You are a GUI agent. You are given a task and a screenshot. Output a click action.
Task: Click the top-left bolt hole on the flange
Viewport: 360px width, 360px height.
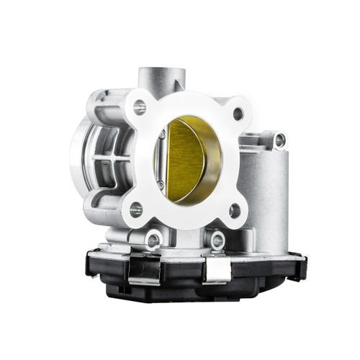[140, 108]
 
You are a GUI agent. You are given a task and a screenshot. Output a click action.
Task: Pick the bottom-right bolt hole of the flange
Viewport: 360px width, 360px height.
[233, 210]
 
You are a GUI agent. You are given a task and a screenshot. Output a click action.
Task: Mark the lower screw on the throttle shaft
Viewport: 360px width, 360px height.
[161, 186]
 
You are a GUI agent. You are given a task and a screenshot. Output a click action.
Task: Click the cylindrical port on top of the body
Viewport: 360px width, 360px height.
[161, 76]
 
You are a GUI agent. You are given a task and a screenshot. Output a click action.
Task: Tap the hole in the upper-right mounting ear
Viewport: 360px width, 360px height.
[279, 140]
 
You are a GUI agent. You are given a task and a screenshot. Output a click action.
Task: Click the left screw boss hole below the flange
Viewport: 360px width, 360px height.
[153, 238]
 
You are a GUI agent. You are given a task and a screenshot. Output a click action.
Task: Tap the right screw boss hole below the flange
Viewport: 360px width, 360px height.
[217, 240]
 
